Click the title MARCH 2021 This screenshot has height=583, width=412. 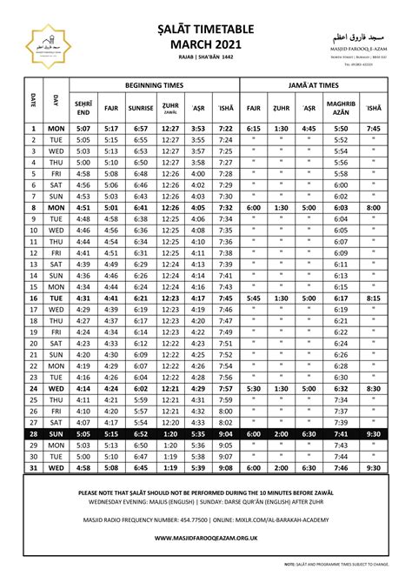click(207, 44)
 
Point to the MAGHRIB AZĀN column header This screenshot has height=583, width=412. click(341, 109)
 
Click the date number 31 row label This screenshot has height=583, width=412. click(33, 467)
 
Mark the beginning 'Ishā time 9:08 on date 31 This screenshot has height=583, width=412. click(224, 467)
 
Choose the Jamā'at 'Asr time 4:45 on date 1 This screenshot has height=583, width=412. click(309, 128)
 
